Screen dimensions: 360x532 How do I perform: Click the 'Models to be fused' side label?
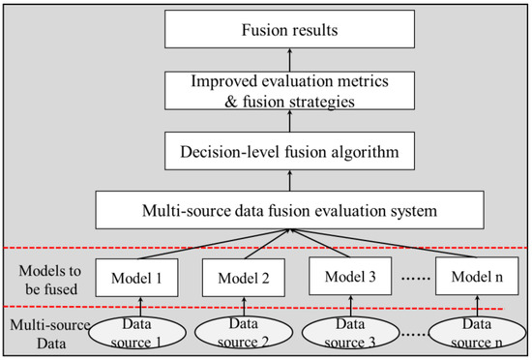pos(42,275)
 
